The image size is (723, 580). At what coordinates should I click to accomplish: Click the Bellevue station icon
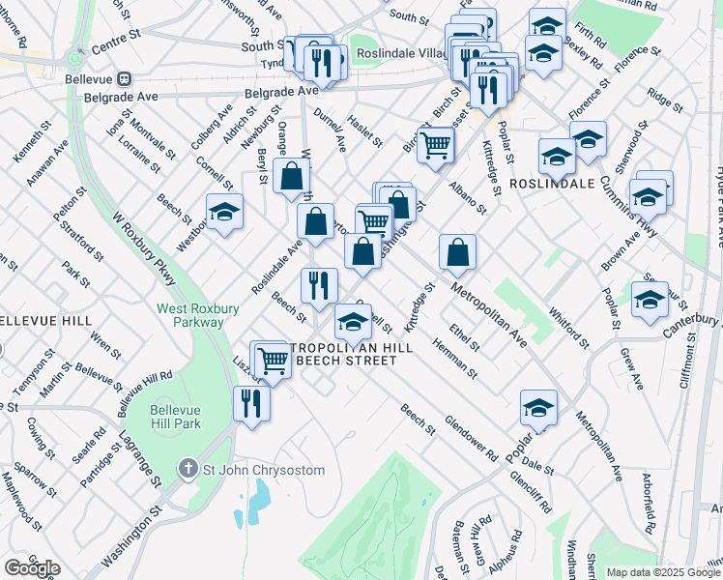125,78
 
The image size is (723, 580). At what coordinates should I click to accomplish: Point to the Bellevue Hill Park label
175,416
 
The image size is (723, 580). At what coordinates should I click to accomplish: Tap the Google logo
32,568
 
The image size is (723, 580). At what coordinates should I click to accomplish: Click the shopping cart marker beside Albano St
437,145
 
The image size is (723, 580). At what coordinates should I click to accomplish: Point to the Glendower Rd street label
471,438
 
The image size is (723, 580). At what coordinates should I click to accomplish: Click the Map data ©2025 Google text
663,572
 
